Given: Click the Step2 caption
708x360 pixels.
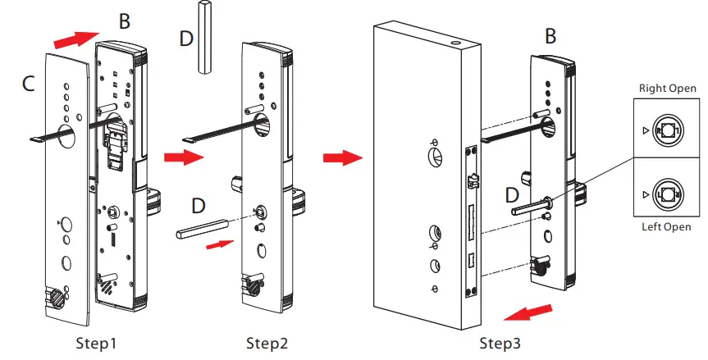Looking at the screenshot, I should (x=267, y=341).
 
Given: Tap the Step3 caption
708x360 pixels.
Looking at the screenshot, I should (x=500, y=341).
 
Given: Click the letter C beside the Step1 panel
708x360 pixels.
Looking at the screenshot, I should (x=27, y=83).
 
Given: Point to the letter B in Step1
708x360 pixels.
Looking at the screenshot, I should (x=123, y=22).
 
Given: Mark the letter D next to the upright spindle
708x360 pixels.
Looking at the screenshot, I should (x=185, y=39).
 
